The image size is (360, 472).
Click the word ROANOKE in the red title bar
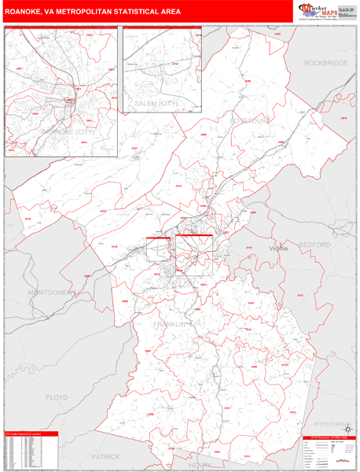tap(27, 13)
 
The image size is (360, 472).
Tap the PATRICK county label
tap(105, 456)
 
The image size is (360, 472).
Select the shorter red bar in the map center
tap(158, 235)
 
